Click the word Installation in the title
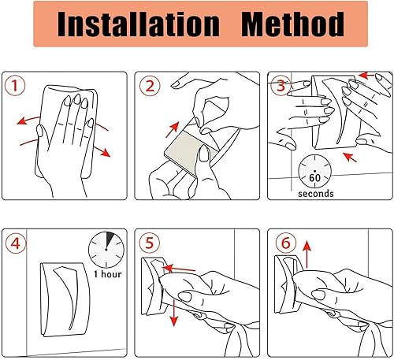tap(139, 24)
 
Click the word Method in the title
tap(292, 24)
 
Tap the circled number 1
tap(15, 86)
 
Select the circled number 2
tap(150, 86)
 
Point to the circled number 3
tap(281, 86)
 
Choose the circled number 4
tap(15, 243)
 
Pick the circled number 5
tap(149, 243)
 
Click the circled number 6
tap(286, 243)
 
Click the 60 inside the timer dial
tap(314, 178)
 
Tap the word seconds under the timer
tap(316, 194)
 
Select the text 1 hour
tap(108, 274)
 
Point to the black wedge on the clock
tap(110, 239)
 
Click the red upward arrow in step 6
tap(307, 254)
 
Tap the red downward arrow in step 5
tap(173, 313)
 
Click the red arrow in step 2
tap(173, 130)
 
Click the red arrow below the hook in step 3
tap(350, 157)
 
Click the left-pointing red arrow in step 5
tap(179, 269)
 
